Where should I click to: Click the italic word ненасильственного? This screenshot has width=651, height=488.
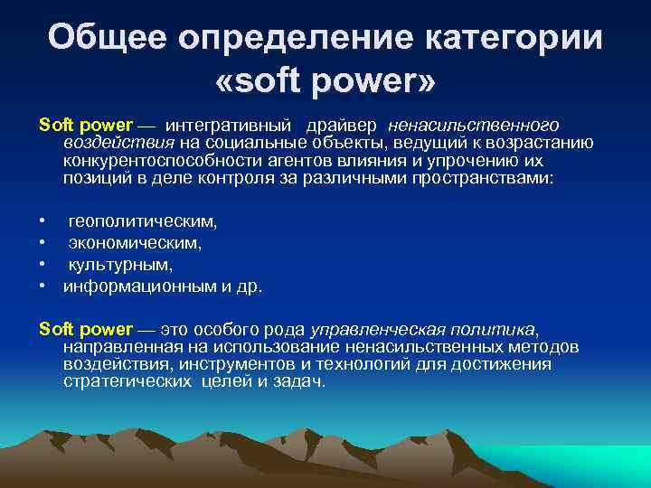click(x=474, y=125)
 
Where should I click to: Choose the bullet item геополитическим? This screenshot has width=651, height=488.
click(x=143, y=221)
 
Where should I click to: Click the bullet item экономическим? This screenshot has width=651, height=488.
click(x=136, y=242)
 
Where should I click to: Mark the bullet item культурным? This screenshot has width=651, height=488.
click(x=120, y=265)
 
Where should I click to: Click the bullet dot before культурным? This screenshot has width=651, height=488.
click(x=42, y=265)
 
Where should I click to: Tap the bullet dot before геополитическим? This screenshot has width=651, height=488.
click(x=42, y=221)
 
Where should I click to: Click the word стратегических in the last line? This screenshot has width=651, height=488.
click(x=126, y=381)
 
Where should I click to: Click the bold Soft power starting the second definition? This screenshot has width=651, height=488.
click(x=86, y=330)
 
